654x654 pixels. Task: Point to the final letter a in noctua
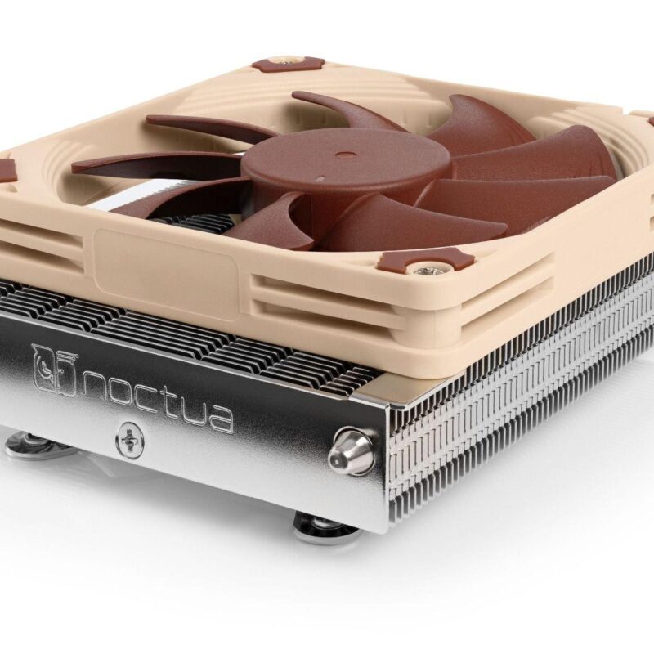click(217, 415)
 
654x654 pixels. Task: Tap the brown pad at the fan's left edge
click(7, 170)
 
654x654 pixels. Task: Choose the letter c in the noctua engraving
click(144, 397)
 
